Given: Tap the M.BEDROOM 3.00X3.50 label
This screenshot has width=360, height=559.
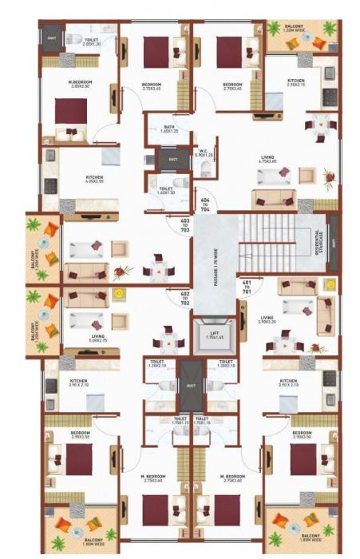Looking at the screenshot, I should pos(80,85).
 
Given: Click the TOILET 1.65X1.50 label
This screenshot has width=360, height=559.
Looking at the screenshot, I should pos(165,192).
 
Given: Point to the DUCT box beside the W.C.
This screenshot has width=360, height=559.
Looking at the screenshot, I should pos(172,159).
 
